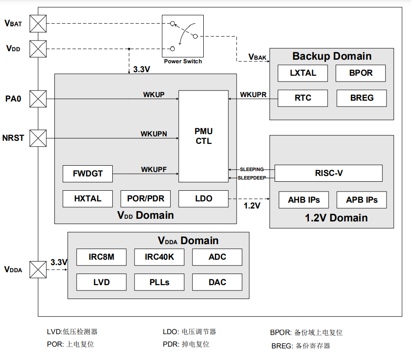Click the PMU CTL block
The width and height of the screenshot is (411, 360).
(x=203, y=136)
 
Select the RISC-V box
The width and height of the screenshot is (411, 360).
(x=329, y=173)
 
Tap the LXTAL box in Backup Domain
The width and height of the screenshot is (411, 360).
(x=303, y=73)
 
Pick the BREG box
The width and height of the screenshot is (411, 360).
(x=362, y=98)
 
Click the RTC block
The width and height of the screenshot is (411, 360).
(x=303, y=98)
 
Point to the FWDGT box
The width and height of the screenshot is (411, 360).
(x=88, y=174)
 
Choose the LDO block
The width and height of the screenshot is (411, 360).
(x=203, y=199)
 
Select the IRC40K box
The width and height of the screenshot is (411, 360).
(x=159, y=257)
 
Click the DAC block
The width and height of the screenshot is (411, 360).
(x=217, y=282)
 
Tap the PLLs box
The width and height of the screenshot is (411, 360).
(x=159, y=282)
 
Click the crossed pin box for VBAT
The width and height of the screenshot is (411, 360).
(x=38, y=24)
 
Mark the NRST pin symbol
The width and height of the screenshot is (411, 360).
(x=38, y=138)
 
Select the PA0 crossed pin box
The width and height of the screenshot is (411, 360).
(x=38, y=98)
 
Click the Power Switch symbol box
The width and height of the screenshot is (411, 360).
(x=183, y=36)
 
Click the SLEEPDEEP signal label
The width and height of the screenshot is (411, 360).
(x=251, y=178)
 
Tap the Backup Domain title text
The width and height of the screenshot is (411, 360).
(x=332, y=56)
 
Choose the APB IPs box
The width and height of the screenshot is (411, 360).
(x=362, y=200)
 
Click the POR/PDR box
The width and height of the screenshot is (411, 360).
(x=146, y=199)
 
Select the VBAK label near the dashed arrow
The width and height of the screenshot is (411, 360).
(x=258, y=57)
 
